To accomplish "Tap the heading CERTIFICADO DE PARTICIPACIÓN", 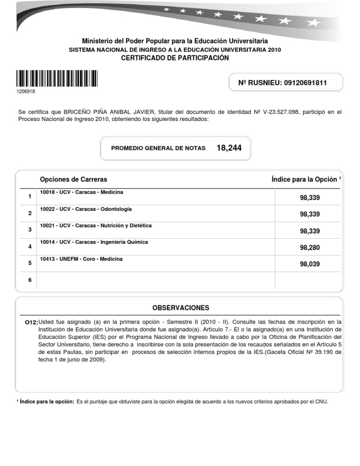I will coord(175,58).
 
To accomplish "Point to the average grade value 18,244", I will coord(229,148).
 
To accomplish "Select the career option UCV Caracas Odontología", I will coord(86,209).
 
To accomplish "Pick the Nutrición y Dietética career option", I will coord(96,225).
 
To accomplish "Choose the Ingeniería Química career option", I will coord(94,242).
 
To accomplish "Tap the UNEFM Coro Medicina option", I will coord(81,259).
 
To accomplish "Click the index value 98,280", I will coord(309,248).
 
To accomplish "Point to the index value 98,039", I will coord(309,264).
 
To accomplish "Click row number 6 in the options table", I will coord(30,280).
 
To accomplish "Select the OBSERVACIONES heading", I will coord(180,308).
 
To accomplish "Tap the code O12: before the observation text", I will coord(31,323).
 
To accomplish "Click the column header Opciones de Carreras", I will coord(74,180).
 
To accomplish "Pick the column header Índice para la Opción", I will coord(305,180).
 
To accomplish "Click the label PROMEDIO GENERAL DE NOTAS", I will coord(158,148).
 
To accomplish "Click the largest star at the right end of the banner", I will coord(314,22).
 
